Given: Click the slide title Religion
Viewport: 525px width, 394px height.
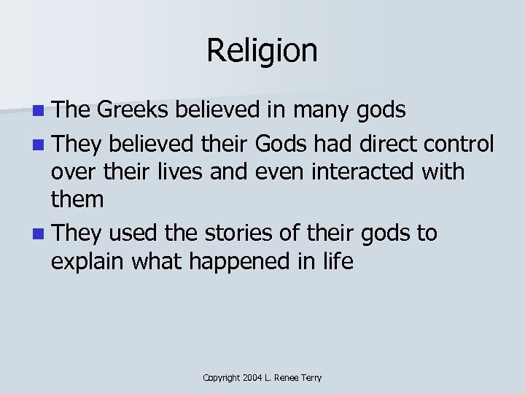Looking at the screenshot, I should point(262,51).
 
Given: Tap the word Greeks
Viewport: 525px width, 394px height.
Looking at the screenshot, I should point(129,110).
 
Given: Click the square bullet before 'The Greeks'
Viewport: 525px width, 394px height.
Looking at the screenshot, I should point(37,112).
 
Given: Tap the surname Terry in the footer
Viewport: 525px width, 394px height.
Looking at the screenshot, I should point(311,378).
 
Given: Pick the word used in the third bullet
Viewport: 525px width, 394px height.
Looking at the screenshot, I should point(133,233).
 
